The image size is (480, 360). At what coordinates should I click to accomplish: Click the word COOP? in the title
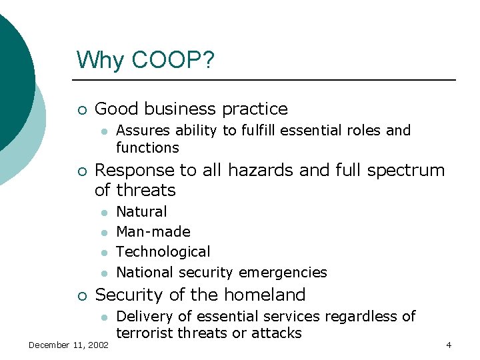173,60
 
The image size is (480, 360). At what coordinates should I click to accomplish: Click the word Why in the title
101,60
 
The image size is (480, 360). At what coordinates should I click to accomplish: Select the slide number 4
449,345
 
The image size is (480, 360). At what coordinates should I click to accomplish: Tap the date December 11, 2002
69,345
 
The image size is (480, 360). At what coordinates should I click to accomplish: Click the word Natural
141,212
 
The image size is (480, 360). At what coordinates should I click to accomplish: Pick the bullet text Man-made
153,232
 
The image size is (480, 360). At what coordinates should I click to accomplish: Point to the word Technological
163,252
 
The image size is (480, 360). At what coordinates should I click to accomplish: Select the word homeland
267,295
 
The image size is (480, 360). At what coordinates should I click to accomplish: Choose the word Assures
141,131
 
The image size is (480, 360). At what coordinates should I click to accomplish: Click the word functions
147,147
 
